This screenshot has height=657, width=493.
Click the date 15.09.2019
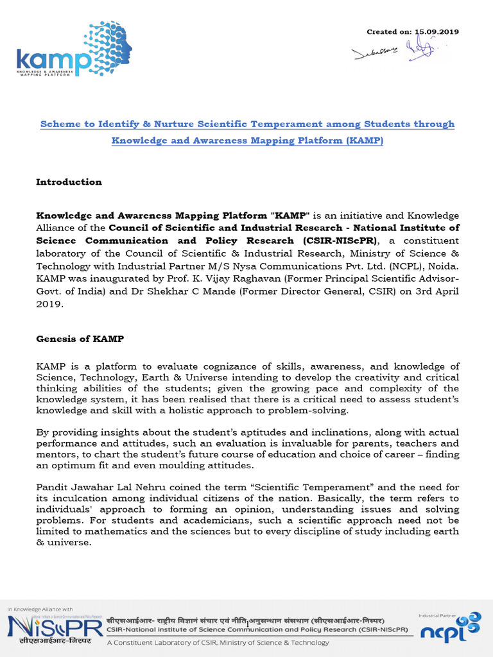(437, 31)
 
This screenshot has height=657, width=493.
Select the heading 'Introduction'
(69, 182)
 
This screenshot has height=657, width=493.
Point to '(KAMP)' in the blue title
(362, 140)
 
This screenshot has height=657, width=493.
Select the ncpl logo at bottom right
(449, 629)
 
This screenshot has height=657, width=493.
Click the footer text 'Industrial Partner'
(438, 615)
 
